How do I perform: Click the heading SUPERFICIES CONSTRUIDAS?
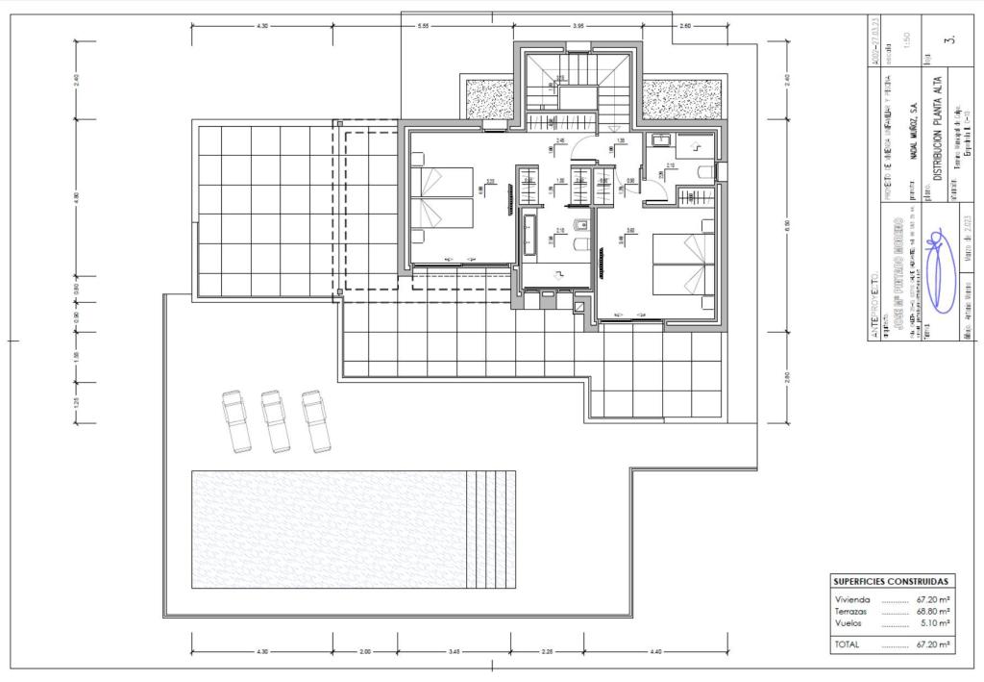tap(893, 582)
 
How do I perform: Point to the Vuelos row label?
tap(849, 622)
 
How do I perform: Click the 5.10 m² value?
tap(935, 622)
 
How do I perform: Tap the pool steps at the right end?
tap(491, 529)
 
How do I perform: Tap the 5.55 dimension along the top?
tap(423, 26)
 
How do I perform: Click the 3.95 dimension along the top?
tap(578, 26)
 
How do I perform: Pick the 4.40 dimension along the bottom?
tap(655, 652)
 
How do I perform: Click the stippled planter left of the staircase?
tap(491, 99)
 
